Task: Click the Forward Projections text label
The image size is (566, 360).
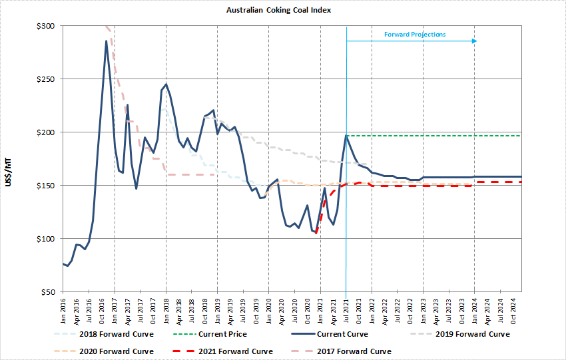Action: [x=415, y=35]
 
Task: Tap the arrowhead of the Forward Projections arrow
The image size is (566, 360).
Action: [x=475, y=41]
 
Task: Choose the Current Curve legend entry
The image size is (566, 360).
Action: [x=340, y=334]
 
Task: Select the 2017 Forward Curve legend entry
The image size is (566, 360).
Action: [x=354, y=351]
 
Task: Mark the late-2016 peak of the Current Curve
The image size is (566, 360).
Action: [x=107, y=41]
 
